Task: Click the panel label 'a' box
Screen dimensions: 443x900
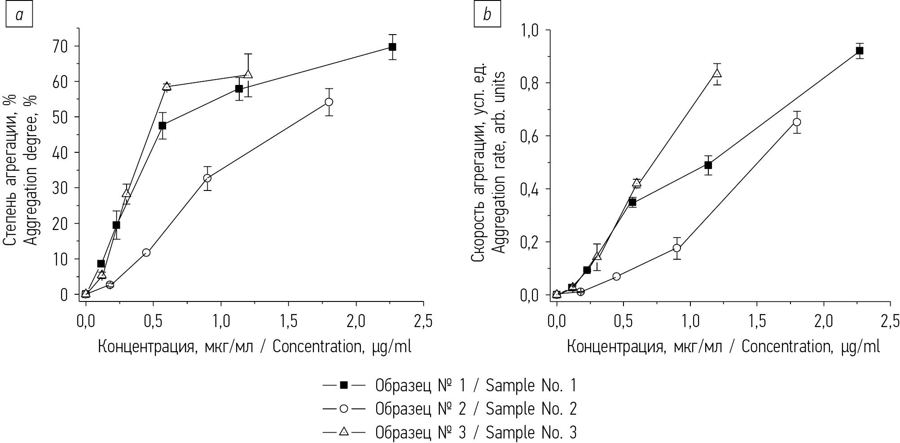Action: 19,15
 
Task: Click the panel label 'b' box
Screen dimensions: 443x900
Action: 487,15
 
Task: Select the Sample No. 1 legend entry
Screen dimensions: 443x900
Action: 449,385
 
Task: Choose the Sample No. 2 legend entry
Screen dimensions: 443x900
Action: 449,409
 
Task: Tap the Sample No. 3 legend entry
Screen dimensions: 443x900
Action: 449,432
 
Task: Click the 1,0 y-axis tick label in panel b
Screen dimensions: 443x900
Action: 530,30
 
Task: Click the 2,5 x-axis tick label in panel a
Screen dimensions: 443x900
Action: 423,322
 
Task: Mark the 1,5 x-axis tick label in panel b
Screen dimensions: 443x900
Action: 757,322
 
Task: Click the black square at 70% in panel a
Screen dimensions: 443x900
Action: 392,47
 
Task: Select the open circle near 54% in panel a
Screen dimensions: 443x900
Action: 329,102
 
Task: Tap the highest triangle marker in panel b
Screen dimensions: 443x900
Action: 717,73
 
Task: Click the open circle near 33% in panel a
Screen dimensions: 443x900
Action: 207,178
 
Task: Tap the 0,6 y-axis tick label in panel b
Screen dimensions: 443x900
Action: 530,136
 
